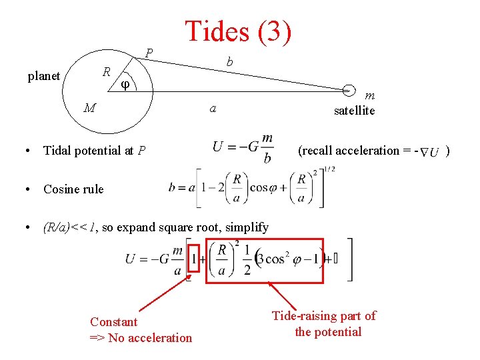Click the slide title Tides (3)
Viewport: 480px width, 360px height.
click(238, 31)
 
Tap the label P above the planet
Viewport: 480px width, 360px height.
click(149, 53)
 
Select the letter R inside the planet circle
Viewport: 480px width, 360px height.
click(106, 71)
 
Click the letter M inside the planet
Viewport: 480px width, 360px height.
click(89, 107)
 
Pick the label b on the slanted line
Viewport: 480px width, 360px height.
click(229, 62)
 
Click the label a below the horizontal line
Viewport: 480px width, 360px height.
click(212, 108)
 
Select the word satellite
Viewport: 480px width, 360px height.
click(354, 111)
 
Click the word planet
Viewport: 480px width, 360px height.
click(44, 76)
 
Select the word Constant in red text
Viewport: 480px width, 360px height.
click(114, 322)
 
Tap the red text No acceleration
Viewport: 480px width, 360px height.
click(150, 338)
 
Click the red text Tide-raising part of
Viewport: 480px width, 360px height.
click(324, 316)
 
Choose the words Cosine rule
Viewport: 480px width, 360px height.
click(73, 189)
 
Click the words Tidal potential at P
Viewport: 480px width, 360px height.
click(95, 151)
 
